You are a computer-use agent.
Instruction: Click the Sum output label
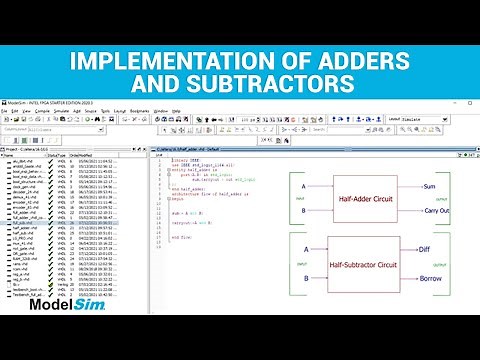[429, 186]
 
